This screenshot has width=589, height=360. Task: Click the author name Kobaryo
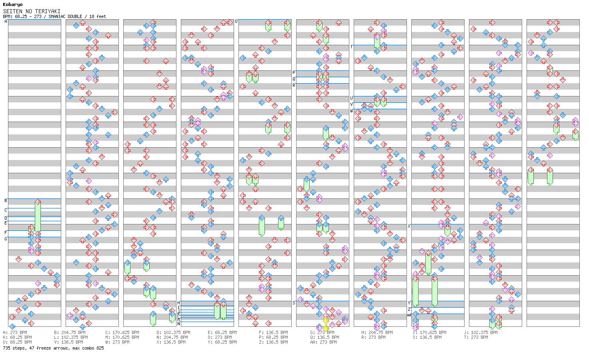click(13, 5)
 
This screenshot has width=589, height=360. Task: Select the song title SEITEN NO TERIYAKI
click(32, 11)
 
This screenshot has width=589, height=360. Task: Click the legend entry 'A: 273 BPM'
click(15, 332)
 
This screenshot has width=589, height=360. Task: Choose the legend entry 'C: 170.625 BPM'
click(122, 332)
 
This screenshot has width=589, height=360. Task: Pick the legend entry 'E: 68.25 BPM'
click(222, 332)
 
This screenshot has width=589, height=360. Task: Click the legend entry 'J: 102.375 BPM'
click(481, 332)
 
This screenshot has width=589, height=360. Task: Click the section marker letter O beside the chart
click(236, 21)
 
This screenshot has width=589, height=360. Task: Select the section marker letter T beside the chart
click(352, 47)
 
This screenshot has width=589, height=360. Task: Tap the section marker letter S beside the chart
click(294, 303)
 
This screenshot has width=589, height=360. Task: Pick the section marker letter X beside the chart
click(409, 226)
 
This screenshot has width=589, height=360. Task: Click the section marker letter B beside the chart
click(6, 200)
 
